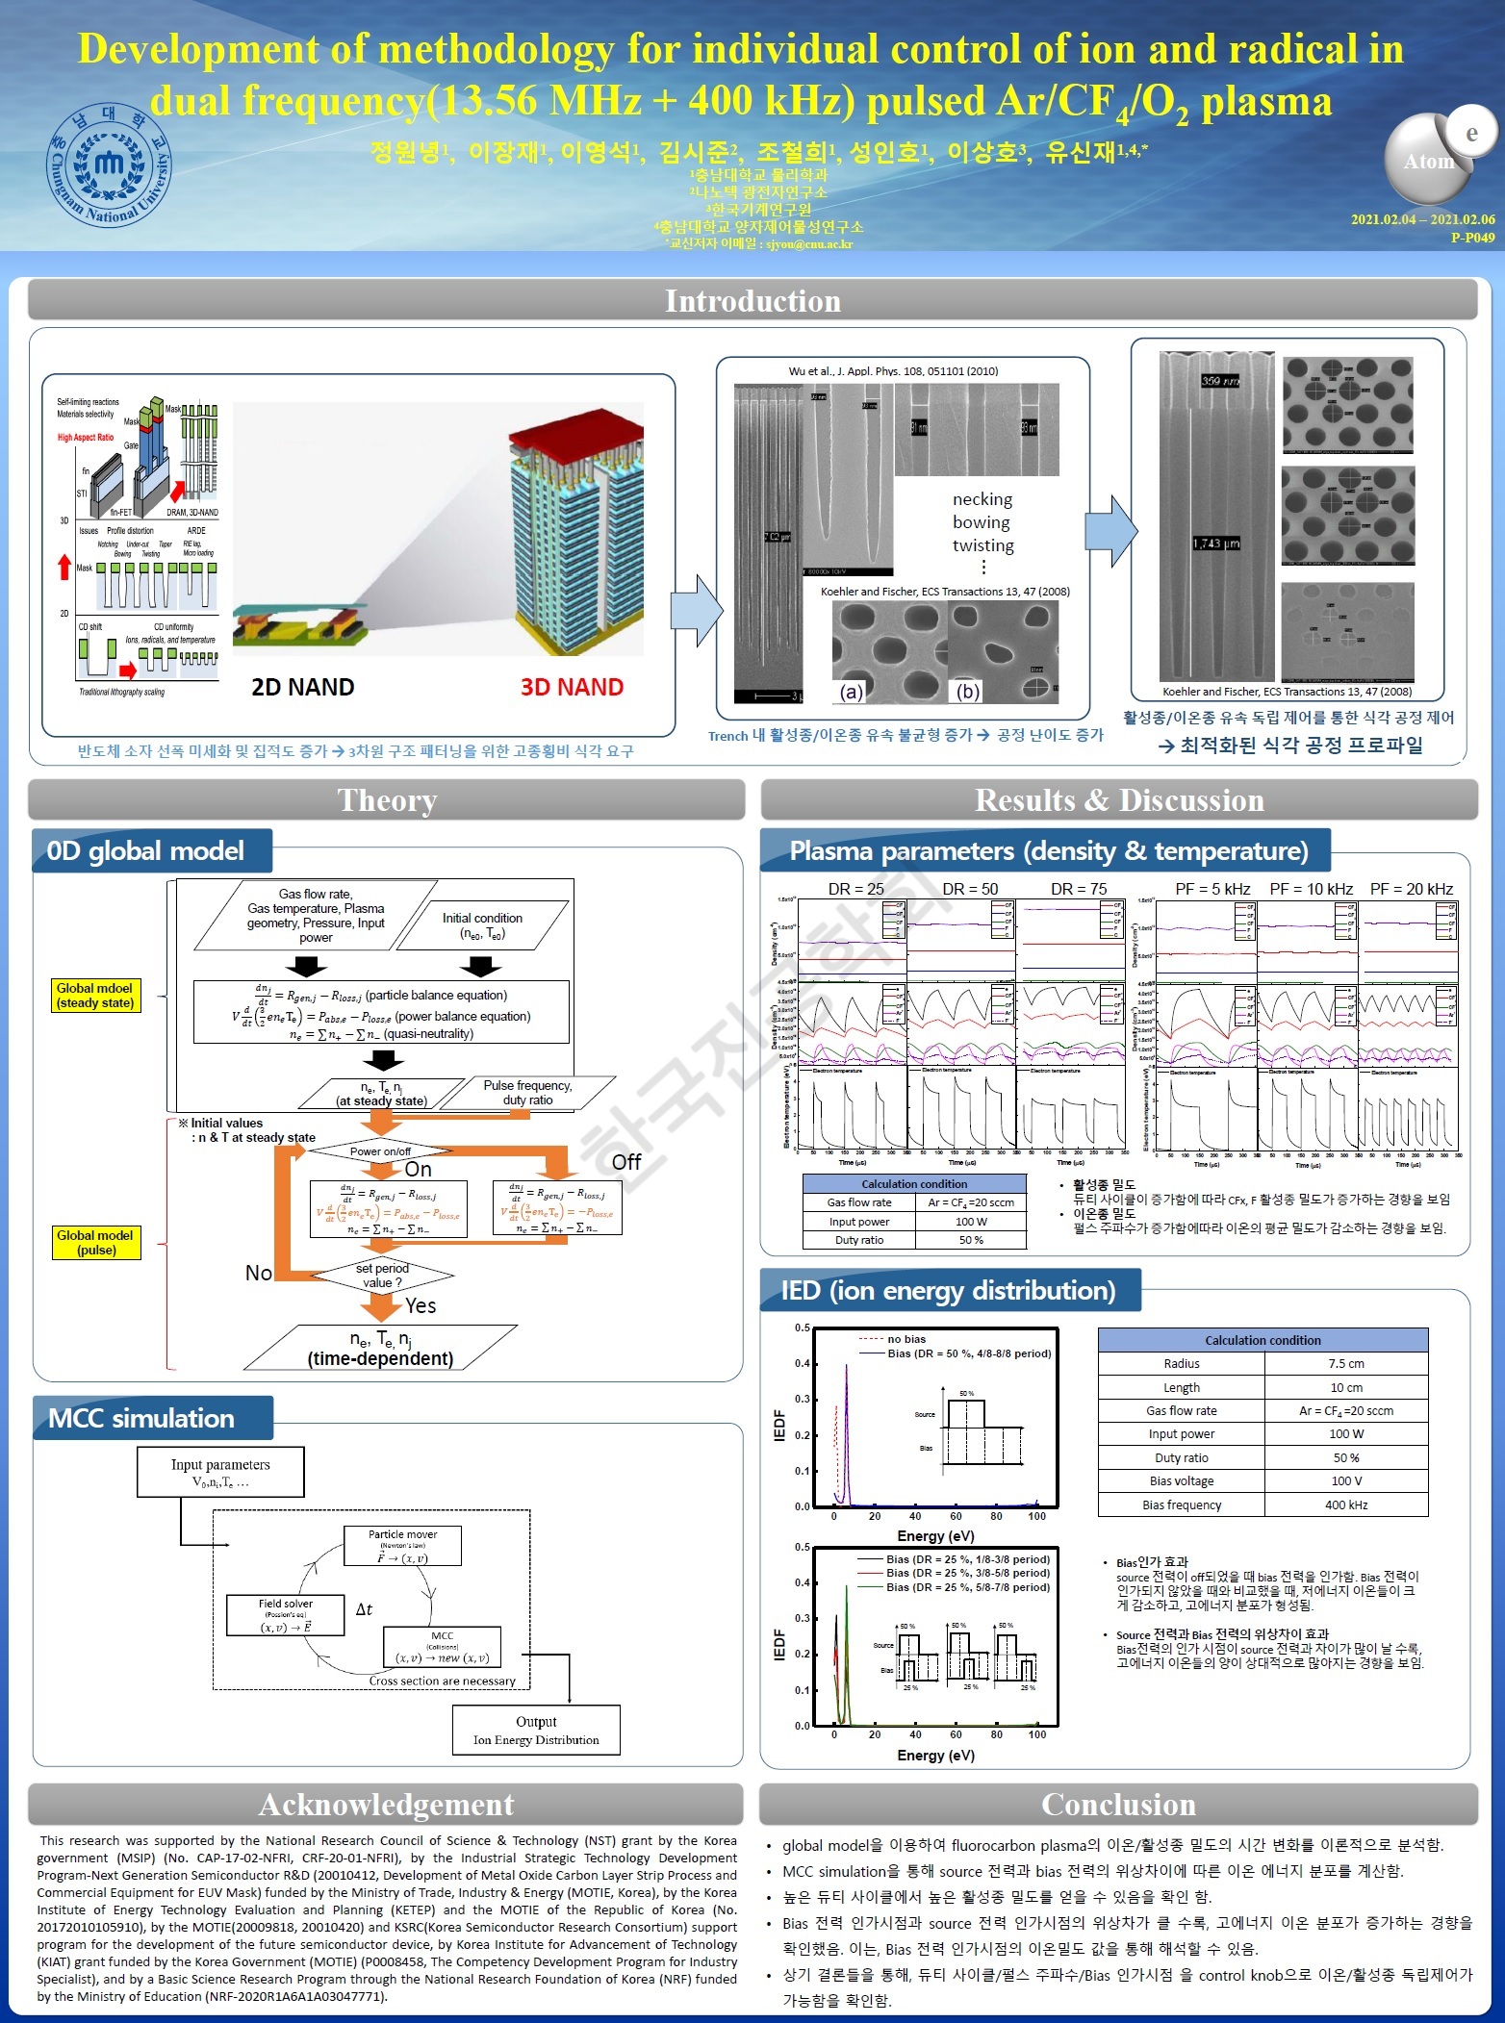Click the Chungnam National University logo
click(x=110, y=165)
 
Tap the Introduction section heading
click(x=752, y=301)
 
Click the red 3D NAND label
click(x=572, y=687)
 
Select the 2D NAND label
click(x=302, y=687)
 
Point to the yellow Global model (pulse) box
click(x=96, y=1242)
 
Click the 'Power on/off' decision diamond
click(x=381, y=1151)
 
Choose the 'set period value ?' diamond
click(x=382, y=1275)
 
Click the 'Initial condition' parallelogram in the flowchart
click(x=482, y=925)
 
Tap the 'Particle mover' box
click(x=402, y=1546)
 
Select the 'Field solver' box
click(x=285, y=1615)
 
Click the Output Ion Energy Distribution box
click(x=536, y=1731)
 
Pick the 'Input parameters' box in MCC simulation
click(x=220, y=1472)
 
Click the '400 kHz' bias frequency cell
click(x=1345, y=1505)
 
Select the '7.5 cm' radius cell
click(x=1345, y=1363)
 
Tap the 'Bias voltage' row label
click(x=1182, y=1481)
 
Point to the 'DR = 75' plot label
click(x=1079, y=889)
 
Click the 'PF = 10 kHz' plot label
click(x=1311, y=889)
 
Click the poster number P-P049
click(x=1472, y=237)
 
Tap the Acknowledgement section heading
click(x=386, y=1805)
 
